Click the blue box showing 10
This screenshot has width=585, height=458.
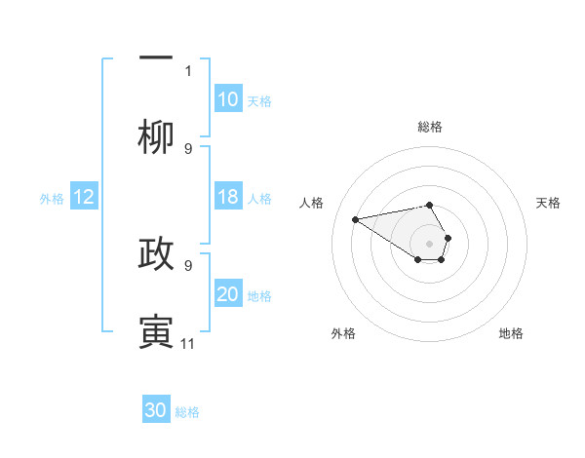[x=228, y=99]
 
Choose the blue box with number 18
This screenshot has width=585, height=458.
[x=228, y=197]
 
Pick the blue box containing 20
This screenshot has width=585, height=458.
[x=228, y=294]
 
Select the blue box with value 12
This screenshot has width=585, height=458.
[x=84, y=197]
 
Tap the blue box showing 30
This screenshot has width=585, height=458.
[x=156, y=410]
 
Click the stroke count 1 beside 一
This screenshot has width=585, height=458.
[x=188, y=70]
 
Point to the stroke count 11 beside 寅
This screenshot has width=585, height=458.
[x=188, y=343]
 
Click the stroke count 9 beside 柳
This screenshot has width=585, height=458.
[x=188, y=148]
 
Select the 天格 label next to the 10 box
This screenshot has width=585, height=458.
[x=259, y=100]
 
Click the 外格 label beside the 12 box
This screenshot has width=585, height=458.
[x=52, y=198]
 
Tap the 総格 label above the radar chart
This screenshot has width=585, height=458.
[x=430, y=126]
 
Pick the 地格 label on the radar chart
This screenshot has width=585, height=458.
[x=511, y=333]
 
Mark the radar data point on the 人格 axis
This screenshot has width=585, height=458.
[x=356, y=218]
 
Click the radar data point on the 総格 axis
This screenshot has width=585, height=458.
[x=430, y=205]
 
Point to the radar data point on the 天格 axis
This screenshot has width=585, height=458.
[x=448, y=238]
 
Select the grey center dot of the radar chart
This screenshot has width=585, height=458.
[x=430, y=243]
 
